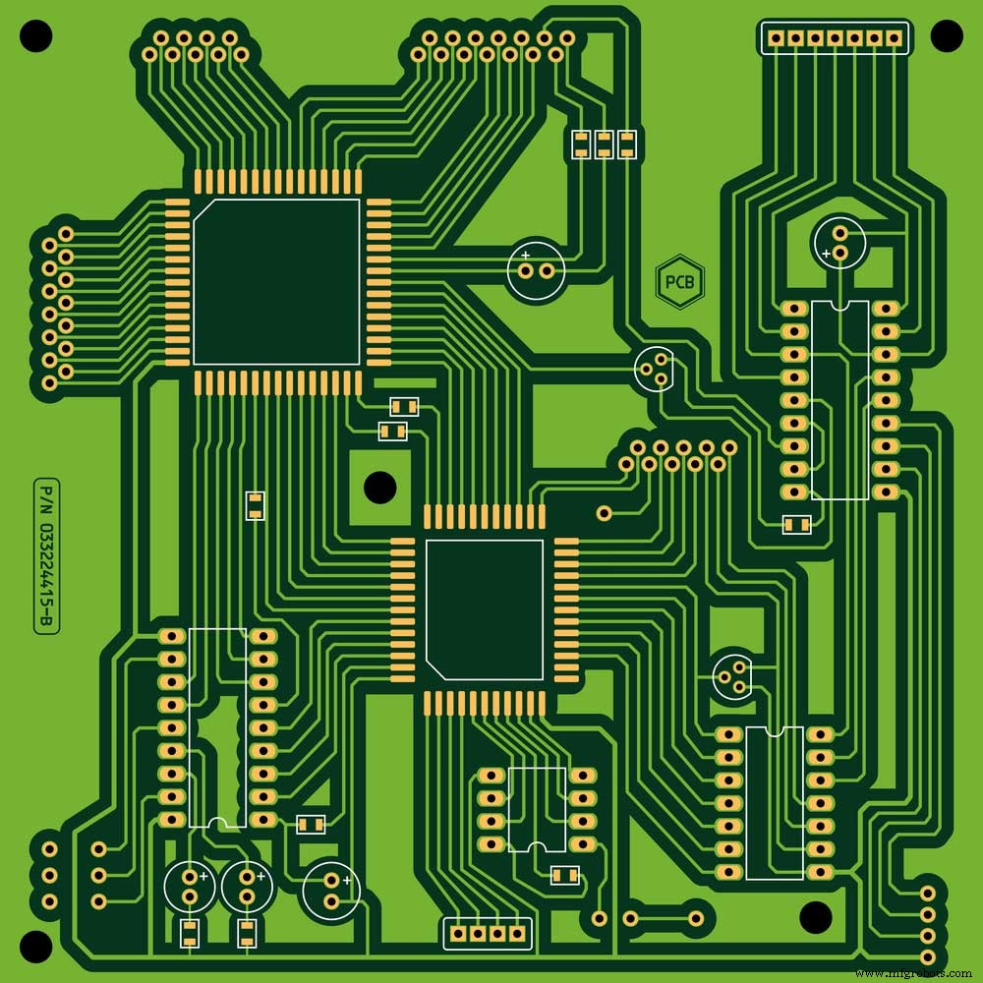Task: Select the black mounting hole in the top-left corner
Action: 35,36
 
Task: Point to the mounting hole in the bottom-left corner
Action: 35,946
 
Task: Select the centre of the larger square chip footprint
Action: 277,282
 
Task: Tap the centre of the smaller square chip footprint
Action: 484,609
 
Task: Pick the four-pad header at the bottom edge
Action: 489,932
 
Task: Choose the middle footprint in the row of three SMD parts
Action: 603,145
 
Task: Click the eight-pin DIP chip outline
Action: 537,809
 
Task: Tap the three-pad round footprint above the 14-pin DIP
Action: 732,675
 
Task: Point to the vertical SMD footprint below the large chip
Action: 255,505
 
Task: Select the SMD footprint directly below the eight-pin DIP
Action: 564,875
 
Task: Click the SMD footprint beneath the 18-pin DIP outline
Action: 797,525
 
